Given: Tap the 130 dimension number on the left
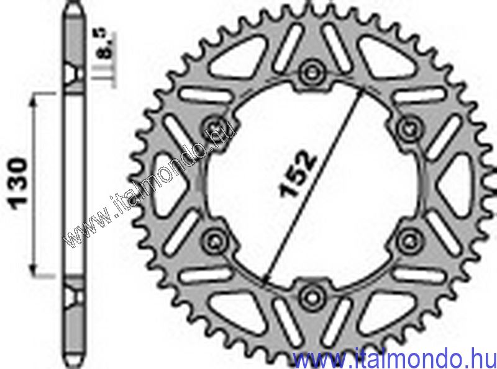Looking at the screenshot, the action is coord(19,185).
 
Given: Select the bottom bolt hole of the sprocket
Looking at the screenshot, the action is coord(312,297).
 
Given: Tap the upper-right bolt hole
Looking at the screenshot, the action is coord(410,129).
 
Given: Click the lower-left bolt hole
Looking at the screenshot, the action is coord(216,241).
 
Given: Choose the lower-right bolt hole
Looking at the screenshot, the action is coord(410,241).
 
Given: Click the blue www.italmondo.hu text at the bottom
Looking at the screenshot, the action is coord(394,359).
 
